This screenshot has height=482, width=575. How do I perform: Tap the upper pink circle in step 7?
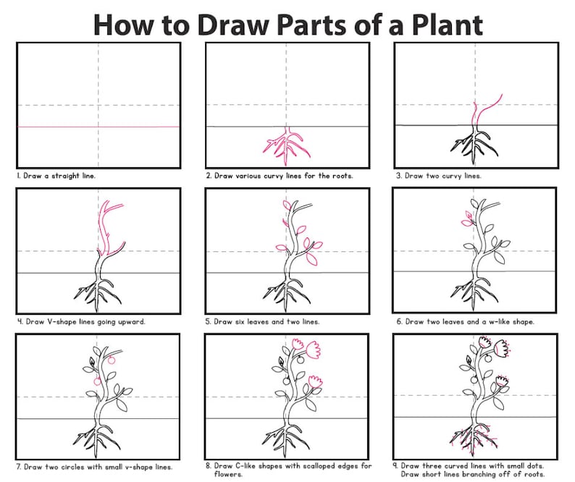click(x=112, y=360)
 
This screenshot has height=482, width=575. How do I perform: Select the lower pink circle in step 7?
click(x=97, y=380)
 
